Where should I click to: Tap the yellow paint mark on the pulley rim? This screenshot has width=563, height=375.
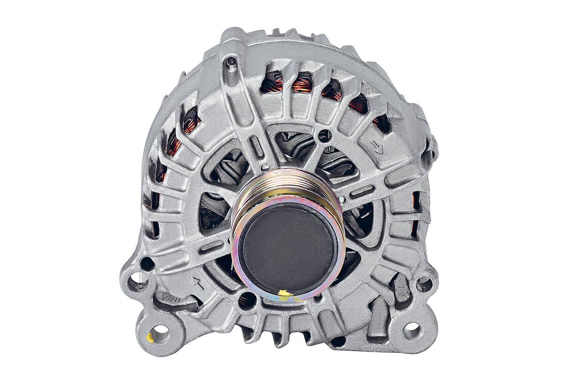tap(285, 294)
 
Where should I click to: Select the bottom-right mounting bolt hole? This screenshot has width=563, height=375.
tap(412, 330)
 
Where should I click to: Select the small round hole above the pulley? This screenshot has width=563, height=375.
tap(324, 136)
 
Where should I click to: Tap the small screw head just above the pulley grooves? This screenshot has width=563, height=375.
tap(266, 167)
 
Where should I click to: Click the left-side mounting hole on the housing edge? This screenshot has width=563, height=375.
tap(137, 281)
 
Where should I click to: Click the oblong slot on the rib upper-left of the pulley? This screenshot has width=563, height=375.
tap(257, 147)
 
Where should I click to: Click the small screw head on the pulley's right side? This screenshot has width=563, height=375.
tap(342, 200)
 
